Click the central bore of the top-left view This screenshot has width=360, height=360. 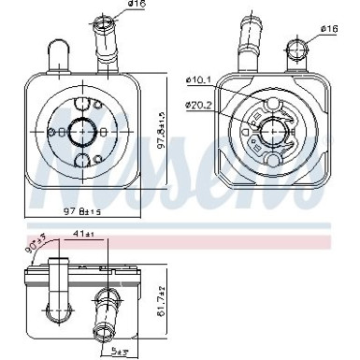[x=83, y=131]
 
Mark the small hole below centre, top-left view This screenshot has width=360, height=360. [x=83, y=164]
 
